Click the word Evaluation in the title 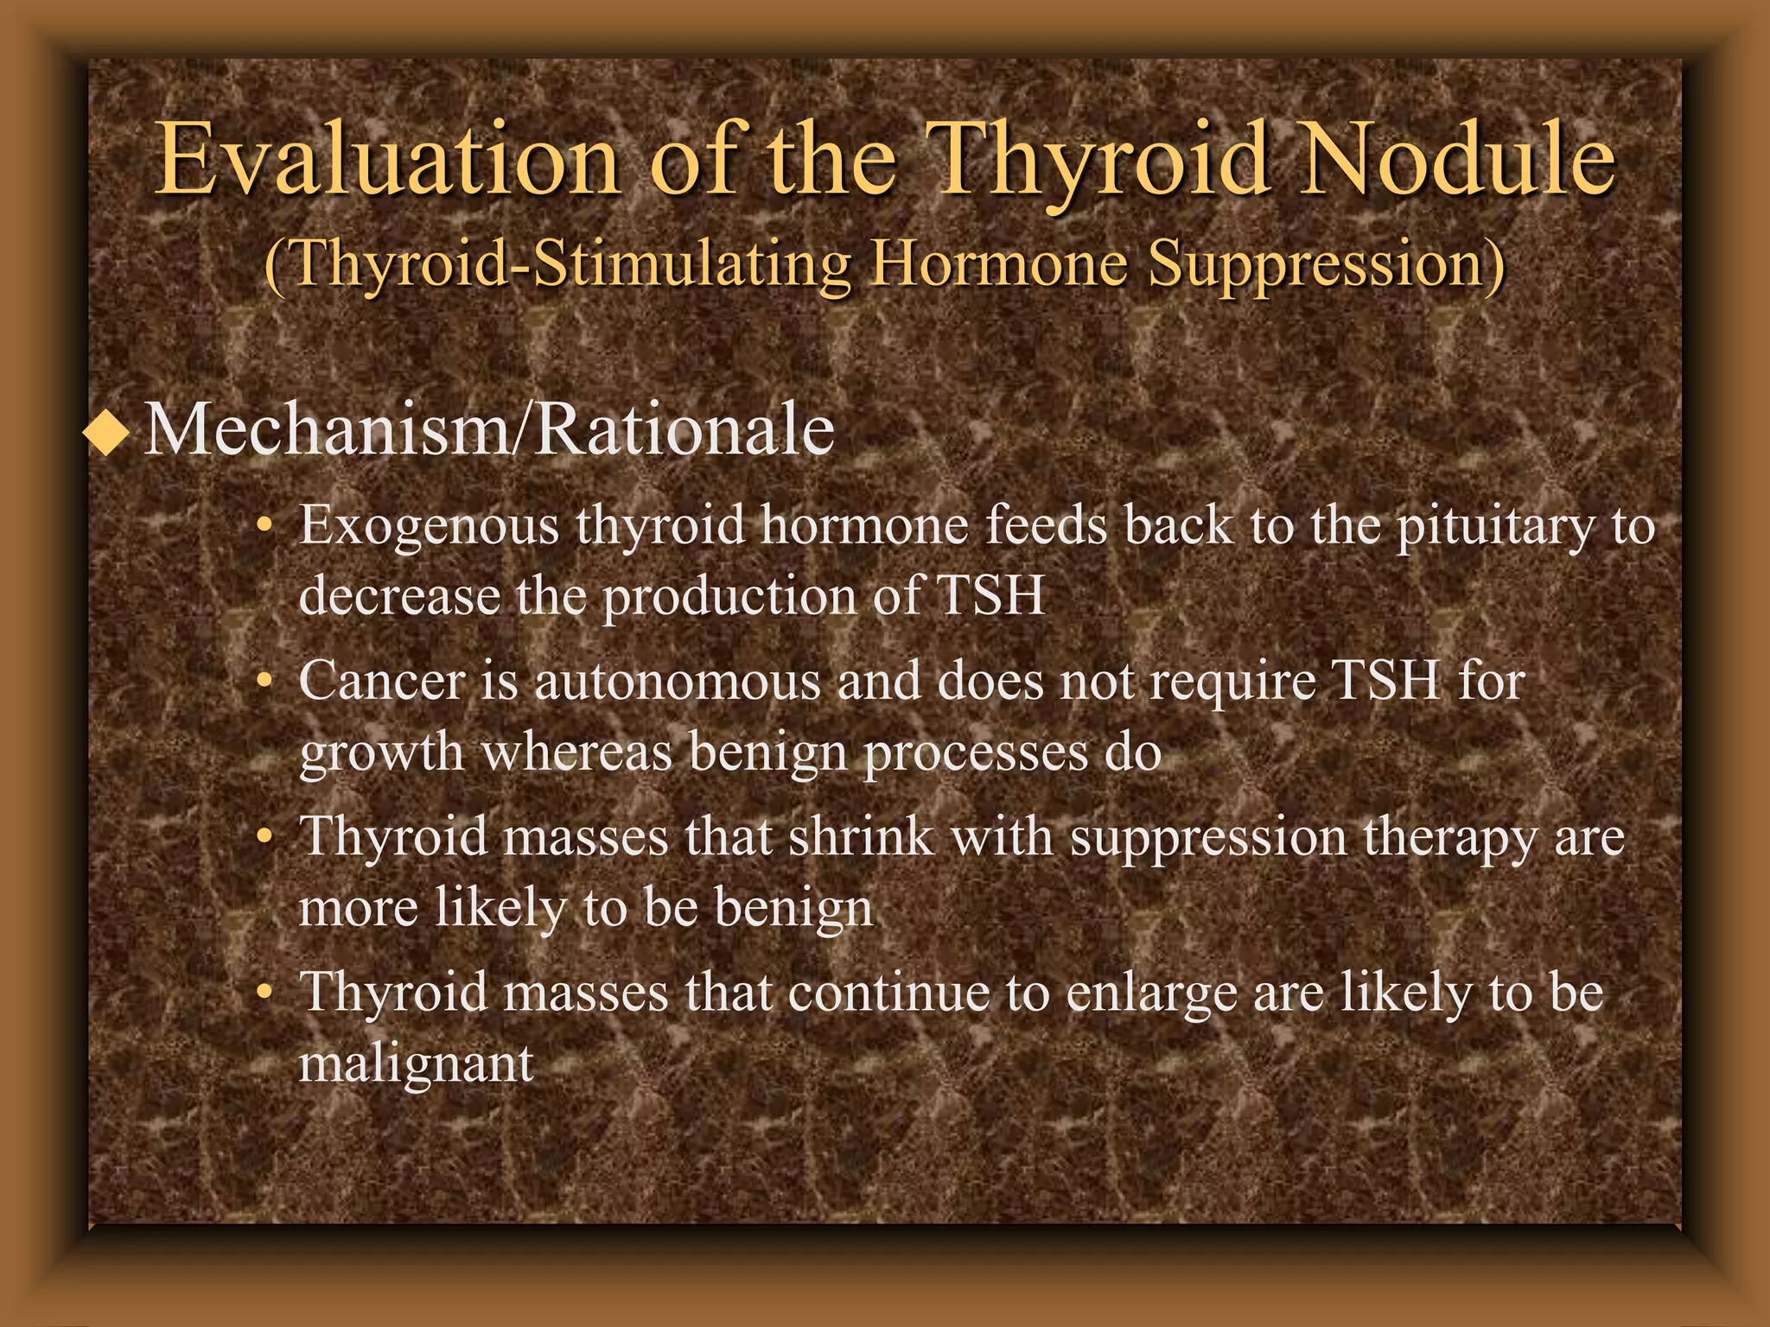387,160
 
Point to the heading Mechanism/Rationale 489,429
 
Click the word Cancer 381,681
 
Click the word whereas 576,752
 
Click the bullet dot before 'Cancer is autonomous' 265,683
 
